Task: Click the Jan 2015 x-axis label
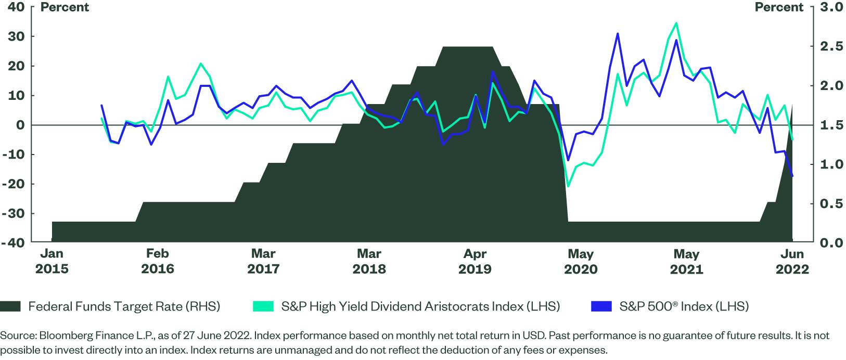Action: coord(52,261)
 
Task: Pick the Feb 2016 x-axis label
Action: coord(157,261)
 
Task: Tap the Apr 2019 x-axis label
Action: coord(475,261)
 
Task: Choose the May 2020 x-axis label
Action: coord(581,261)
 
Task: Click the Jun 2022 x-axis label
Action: coord(792,261)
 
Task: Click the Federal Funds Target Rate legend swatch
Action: coord(10,306)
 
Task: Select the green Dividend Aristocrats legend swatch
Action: coord(263,306)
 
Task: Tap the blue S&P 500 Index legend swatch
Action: coord(601,306)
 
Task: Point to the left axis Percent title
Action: coord(65,7)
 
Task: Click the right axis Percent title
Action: coord(779,7)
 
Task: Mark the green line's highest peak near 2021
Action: coord(676,23)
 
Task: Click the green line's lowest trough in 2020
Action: coord(568,186)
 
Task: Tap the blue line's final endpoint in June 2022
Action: coord(792,176)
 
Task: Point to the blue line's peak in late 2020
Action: coord(618,33)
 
